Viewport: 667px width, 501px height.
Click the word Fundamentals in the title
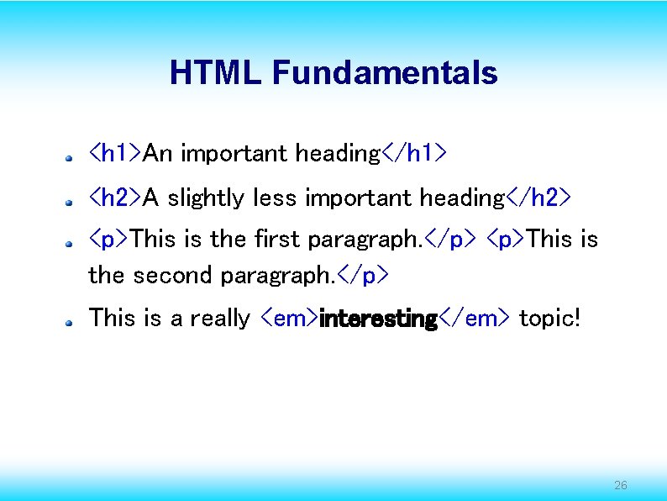(385, 73)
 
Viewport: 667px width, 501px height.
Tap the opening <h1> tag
(115, 153)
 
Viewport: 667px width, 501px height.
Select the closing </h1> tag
(414, 153)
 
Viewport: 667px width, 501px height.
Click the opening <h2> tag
(115, 198)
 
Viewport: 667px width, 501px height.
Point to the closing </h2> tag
(538, 198)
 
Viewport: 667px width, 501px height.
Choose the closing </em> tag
(475, 319)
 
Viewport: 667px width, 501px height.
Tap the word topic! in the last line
(549, 319)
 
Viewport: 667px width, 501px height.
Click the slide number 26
(621, 485)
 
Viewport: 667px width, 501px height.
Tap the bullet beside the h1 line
(73, 156)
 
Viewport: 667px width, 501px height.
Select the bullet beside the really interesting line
(73, 321)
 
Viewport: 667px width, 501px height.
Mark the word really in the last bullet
(220, 319)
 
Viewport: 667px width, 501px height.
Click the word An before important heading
(159, 153)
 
